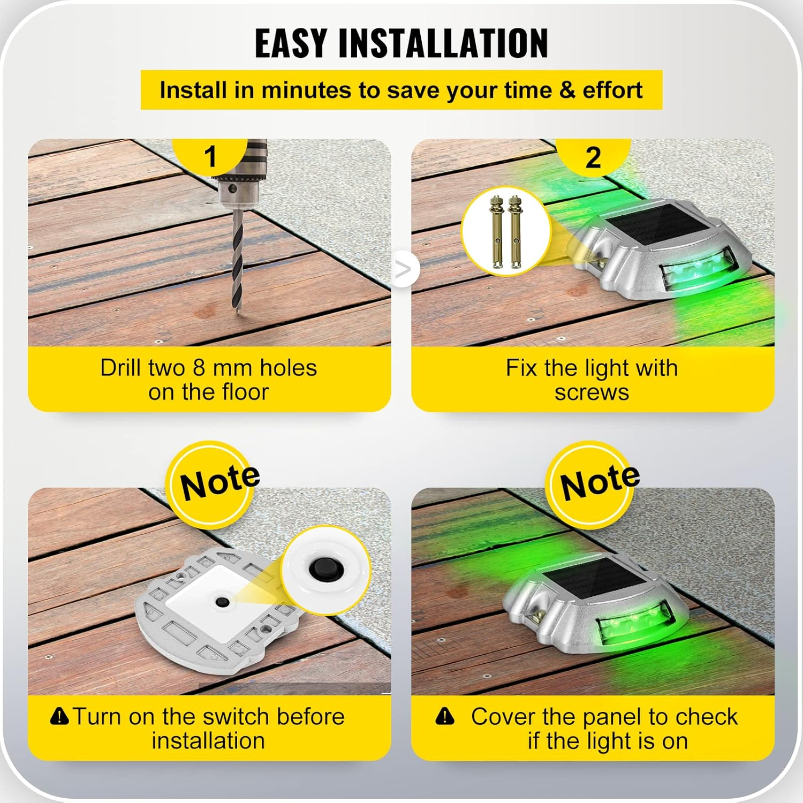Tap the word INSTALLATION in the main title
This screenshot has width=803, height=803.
[443, 43]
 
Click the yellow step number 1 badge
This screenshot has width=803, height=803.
[210, 156]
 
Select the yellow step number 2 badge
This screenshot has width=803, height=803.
[593, 157]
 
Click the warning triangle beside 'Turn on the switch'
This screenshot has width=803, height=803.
[59, 715]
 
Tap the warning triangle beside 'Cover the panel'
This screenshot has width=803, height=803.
[444, 716]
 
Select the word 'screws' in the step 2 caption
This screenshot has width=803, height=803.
[592, 392]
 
